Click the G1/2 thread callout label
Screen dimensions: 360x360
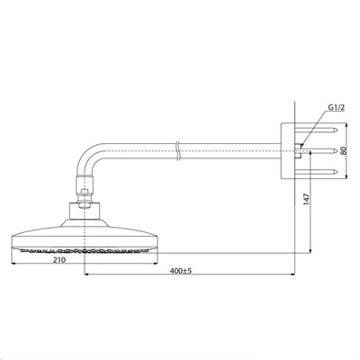[337, 107]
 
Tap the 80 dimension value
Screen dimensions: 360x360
[344, 150]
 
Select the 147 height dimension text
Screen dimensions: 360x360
[306, 199]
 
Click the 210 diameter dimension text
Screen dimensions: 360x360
[59, 260]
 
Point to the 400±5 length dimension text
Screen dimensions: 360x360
[181, 271]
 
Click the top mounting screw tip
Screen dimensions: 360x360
[337, 130]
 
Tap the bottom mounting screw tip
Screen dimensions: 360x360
[337, 172]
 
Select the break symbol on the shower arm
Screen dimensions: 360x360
[177, 150]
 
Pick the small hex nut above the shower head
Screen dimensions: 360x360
[85, 193]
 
